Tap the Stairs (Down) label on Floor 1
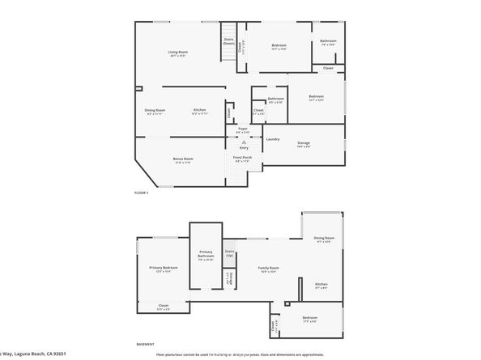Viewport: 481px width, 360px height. pos(228,40)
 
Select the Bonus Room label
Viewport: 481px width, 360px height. pos(183,160)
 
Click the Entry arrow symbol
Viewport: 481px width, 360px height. pos(243,145)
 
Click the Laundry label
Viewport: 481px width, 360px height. pos(273,139)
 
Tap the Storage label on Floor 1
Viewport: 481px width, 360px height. pos(304,144)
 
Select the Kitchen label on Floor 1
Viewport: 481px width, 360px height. pos(199,111)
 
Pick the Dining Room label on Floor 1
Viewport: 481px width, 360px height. pos(155,111)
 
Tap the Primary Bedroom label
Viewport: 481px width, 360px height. pos(163,269)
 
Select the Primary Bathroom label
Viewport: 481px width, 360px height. pos(206,256)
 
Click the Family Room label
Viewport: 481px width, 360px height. pos(268,269)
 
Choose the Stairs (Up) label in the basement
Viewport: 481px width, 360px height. pos(229,253)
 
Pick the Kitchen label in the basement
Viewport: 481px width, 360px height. pos(321,285)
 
